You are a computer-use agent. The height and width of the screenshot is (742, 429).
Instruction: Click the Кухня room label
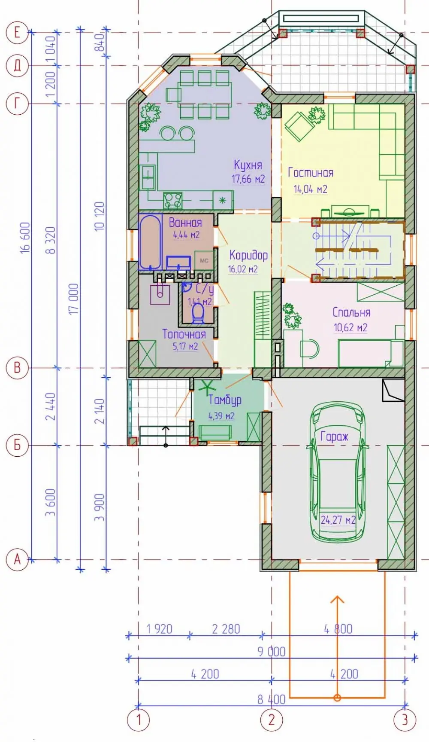tap(248, 165)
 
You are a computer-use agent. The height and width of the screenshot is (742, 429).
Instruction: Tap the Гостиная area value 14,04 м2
tap(310, 189)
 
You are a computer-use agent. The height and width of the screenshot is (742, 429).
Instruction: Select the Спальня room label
tap(351, 312)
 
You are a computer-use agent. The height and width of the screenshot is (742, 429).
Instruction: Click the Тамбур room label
tap(225, 400)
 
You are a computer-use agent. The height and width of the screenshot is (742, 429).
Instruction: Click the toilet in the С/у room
tap(198, 313)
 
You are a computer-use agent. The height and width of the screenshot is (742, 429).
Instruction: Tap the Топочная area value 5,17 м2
tap(185, 346)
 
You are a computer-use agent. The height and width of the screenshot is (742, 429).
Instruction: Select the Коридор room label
tap(248, 255)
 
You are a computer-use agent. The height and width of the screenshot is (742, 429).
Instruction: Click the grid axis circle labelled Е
tap(17, 32)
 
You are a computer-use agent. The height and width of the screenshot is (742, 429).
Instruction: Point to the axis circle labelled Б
tap(17, 445)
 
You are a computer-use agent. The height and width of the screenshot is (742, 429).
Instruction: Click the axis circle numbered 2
tap(272, 720)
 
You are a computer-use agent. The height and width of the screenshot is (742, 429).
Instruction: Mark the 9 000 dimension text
tap(271, 651)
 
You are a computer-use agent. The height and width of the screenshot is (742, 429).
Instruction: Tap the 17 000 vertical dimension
tap(74, 299)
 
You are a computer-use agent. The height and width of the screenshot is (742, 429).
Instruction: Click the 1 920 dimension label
tap(159, 629)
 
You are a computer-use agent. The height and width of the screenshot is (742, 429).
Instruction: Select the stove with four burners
tap(173, 200)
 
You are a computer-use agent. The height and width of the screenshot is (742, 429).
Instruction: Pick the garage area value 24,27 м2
tap(338, 520)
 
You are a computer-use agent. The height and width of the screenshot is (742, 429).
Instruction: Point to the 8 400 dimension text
tap(271, 699)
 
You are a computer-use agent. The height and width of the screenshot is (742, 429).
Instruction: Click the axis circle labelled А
tap(17, 559)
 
